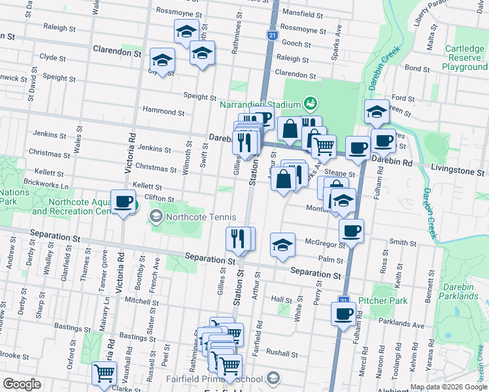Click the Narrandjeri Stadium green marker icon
point(310,104)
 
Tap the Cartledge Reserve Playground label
point(464,57)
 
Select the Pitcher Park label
point(382,301)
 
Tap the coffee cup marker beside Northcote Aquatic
point(123,202)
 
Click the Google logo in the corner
point(22,384)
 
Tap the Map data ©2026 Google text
point(448,387)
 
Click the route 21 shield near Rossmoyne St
point(271,35)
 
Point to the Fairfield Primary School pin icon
point(273,378)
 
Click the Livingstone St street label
point(458,171)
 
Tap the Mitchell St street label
point(137,301)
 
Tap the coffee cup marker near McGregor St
point(351,231)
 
